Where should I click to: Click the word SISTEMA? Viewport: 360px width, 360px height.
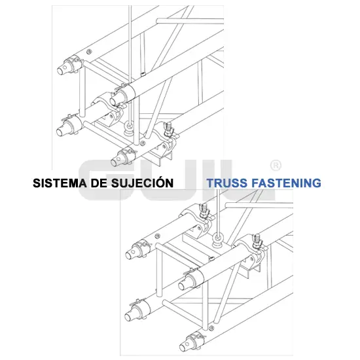coord(60,183)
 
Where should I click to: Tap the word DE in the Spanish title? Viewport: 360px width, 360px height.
coord(99,183)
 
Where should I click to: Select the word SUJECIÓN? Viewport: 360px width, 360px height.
coord(142,182)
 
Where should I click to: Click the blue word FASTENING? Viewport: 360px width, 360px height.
coord(286,183)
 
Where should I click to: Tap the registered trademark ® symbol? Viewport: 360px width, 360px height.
coord(276,166)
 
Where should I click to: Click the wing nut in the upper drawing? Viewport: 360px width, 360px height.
coord(168,128)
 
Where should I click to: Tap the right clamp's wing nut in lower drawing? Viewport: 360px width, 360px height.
coord(257,241)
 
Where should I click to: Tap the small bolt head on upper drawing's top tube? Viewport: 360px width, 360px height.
coord(90,52)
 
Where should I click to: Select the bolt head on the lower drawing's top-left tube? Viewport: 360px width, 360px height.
coord(158,236)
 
